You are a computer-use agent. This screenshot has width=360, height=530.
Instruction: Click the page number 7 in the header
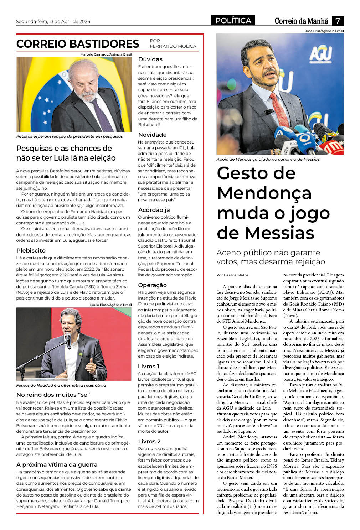tap(337, 21)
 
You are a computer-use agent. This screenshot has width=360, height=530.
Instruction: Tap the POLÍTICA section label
tap(233, 21)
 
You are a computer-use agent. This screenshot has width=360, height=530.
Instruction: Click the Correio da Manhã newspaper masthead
tap(301, 21)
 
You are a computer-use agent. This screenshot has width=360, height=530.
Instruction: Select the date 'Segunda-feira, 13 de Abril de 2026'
tap(53, 21)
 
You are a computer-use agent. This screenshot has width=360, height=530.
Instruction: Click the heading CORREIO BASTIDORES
tap(77, 44)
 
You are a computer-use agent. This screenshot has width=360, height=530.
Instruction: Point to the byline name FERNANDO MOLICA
tap(173, 46)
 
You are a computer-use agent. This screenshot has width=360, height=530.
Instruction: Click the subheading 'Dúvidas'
tap(150, 59)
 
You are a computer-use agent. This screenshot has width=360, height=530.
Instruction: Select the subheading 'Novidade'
tap(152, 135)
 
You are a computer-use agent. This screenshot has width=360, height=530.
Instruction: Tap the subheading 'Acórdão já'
tap(154, 210)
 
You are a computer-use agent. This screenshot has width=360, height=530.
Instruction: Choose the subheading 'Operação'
tap(152, 285)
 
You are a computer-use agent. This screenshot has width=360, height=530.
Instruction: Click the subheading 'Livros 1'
tap(148, 367)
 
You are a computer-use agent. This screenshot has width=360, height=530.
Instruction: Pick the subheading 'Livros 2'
tap(149, 442)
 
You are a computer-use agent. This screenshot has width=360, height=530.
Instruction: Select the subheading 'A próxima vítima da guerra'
tap(57, 465)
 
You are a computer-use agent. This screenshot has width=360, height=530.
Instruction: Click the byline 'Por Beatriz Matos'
tap(232, 275)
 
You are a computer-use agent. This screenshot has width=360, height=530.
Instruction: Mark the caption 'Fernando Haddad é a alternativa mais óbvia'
tap(61, 385)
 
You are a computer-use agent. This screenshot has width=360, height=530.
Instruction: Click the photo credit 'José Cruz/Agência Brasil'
tap(324, 31)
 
